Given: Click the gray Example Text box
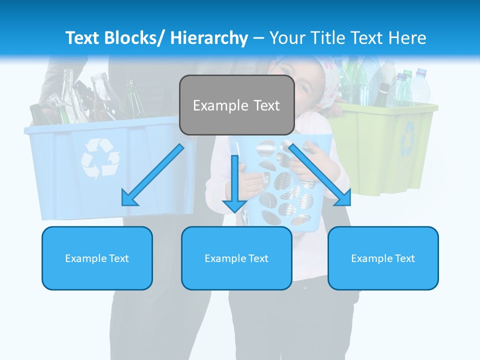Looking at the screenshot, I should pos(236,105).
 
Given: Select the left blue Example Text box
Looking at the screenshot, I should pos(97,258).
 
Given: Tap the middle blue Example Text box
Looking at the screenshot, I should pos(236,258).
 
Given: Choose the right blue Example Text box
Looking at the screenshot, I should pos(383,258).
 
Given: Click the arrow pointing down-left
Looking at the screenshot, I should pos(152,175).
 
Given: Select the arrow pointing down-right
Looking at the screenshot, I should pos(320,174).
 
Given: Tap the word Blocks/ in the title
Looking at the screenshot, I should pos(133,38).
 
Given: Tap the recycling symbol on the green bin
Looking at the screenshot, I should pos(408,137).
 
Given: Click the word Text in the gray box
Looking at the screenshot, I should pos(265,105).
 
